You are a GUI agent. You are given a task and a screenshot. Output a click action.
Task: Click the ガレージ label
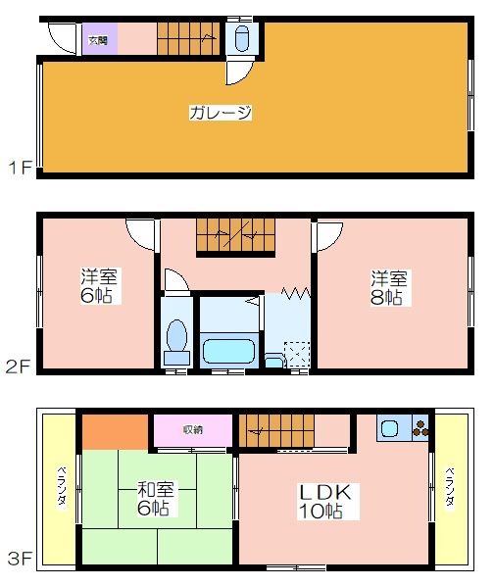221,113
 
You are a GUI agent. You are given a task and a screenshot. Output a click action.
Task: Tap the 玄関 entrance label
98,40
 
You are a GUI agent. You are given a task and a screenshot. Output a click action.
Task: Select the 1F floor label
20,168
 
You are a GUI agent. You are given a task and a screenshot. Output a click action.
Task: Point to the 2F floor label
18,367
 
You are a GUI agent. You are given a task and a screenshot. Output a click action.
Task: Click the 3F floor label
20,559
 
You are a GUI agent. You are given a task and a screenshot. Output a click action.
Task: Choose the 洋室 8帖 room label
389,287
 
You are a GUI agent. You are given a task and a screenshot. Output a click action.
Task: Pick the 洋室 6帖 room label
99,286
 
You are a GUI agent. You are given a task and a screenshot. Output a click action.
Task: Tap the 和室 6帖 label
156,499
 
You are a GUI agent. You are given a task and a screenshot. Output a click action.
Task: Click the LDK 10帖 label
325,502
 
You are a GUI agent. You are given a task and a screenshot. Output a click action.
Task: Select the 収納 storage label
193,429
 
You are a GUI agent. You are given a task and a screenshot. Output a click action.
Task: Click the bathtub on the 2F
228,351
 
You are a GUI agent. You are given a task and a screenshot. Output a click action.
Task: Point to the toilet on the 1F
241,38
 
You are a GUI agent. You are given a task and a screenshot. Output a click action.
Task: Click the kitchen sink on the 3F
389,428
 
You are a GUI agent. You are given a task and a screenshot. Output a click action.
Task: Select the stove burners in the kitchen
420,428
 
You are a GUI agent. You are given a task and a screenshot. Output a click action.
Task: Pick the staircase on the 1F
188,39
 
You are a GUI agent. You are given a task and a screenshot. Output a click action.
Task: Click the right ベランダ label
450,487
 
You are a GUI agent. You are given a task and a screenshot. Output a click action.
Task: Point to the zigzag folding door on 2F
296,293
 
